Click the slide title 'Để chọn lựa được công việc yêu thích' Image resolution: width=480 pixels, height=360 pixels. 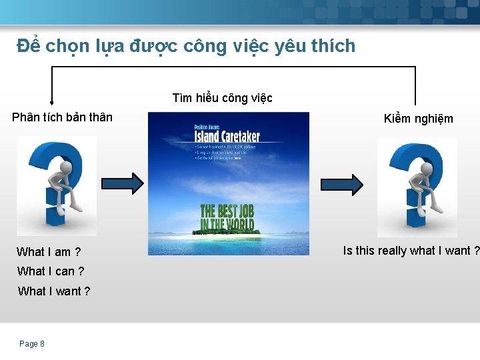pos(186,47)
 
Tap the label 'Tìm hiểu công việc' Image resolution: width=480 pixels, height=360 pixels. pos(222,98)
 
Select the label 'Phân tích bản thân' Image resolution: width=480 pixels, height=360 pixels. pos(63,117)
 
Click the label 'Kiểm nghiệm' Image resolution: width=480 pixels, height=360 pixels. pos(418,119)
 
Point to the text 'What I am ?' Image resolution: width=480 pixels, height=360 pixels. pos(49,251)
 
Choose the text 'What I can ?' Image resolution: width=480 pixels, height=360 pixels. pos(51,271)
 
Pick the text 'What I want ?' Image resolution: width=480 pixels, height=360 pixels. pos(54,291)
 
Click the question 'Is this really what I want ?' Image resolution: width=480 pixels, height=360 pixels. pos(411,251)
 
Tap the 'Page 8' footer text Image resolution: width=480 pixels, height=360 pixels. pos(32,344)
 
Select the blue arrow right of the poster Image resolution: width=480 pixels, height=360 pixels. pos(343,183)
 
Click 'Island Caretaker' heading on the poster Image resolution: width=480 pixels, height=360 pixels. pos(226,136)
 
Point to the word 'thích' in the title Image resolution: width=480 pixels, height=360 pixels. pos(331,47)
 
